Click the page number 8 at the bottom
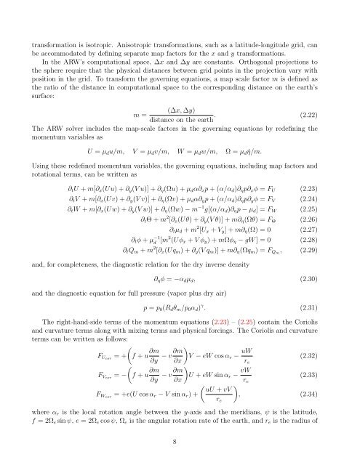click(x=180, y=440)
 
